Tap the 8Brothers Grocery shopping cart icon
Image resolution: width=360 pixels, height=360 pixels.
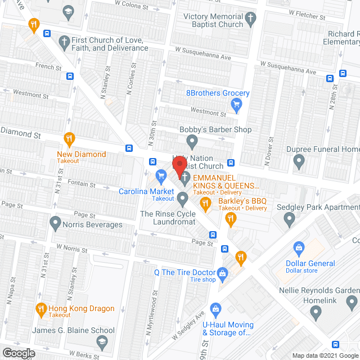(237, 103)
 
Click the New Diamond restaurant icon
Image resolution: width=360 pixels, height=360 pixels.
(69, 138)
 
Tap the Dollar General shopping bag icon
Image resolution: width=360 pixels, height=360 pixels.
(299, 247)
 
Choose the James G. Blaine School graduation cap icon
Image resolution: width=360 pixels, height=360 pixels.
(101, 341)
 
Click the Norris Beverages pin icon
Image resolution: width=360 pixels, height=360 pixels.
(55, 224)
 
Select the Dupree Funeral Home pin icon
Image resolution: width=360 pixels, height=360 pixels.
(299, 162)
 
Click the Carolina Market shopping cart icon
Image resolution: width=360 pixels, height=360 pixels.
(161, 177)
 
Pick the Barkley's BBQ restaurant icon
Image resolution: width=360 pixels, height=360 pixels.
(206, 204)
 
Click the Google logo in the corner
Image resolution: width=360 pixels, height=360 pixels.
(18, 353)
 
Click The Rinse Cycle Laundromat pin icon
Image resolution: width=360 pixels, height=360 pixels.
(182, 198)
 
